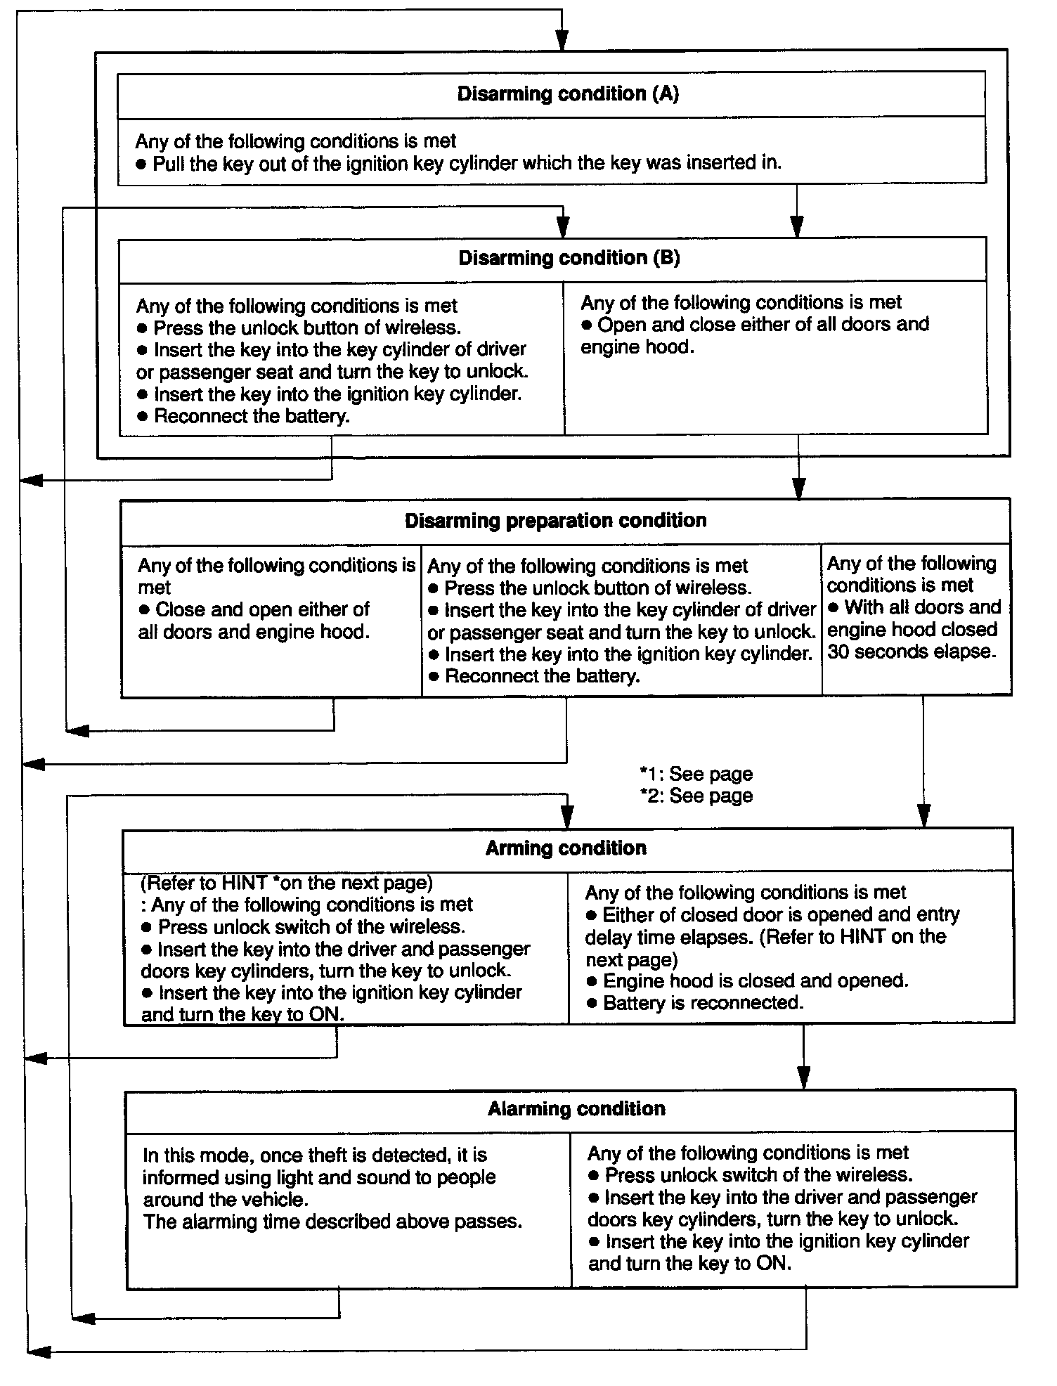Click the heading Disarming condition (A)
tap(568, 94)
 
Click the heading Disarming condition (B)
tap(569, 258)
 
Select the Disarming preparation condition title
tap(555, 521)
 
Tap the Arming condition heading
tap(566, 848)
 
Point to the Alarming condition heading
tap(576, 1109)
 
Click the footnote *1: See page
tap(696, 774)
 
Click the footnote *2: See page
tap(696, 796)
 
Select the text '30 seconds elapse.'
tap(912, 652)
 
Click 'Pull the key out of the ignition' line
tap(467, 163)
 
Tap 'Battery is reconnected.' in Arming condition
tap(703, 1002)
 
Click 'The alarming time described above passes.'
tap(332, 1222)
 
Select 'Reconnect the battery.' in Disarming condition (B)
tap(251, 416)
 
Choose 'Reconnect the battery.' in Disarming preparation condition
tap(542, 676)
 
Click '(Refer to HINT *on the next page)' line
tap(287, 883)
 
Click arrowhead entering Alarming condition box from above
tap(803, 1077)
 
